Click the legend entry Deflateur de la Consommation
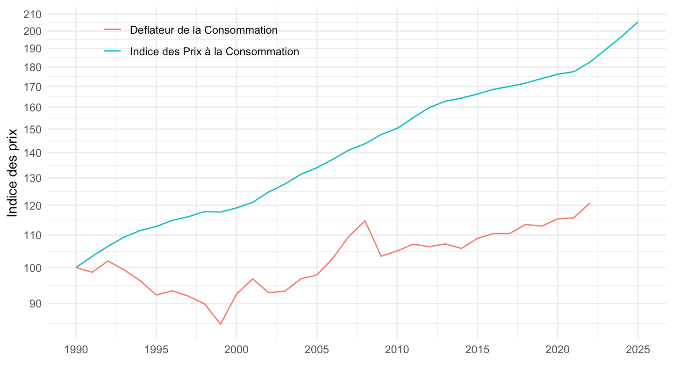coord(204,30)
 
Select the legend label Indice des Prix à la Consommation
coord(215,51)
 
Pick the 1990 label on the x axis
coord(76,350)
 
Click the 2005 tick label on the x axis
coord(317,350)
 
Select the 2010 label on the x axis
coord(397,350)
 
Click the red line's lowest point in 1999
coord(221,324)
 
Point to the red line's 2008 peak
coord(365,221)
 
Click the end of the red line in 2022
coord(590,203)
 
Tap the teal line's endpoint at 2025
coord(638,22)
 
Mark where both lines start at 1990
coord(76,267)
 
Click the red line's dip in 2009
coord(381,256)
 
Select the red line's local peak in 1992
coord(108,261)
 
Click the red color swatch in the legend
coord(113,30)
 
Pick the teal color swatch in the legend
coord(113,51)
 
